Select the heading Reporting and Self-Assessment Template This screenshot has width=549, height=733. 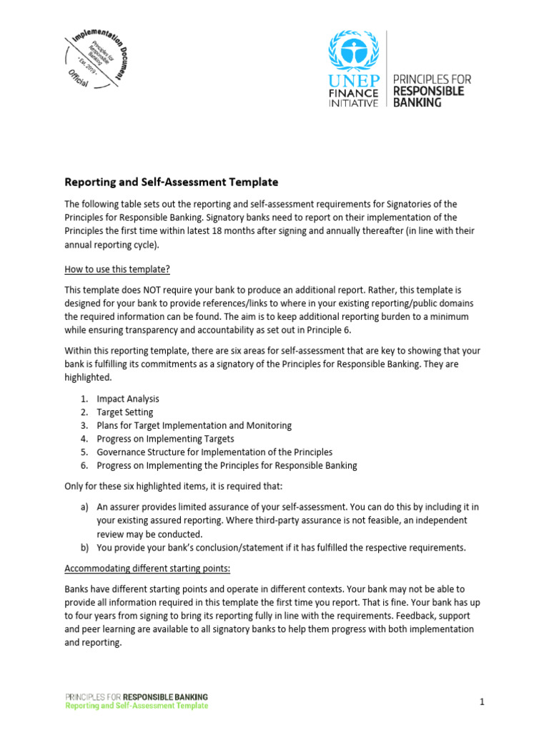coord(172,182)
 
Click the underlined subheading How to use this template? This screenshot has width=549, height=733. coord(118,269)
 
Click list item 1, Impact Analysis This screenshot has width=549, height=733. coord(128,399)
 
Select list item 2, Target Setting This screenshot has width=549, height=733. coord(125,412)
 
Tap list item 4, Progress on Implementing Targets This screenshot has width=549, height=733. coord(165,439)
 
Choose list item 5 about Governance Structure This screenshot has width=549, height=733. coord(214,452)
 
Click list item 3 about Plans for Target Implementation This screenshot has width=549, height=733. coord(194,425)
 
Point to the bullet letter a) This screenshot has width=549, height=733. coord(84,507)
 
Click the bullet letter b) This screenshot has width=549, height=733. coord(84,548)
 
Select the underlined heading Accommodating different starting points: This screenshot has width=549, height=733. coord(147,569)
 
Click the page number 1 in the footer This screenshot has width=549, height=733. coord(482,702)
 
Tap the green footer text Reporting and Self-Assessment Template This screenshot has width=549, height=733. coord(137,706)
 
